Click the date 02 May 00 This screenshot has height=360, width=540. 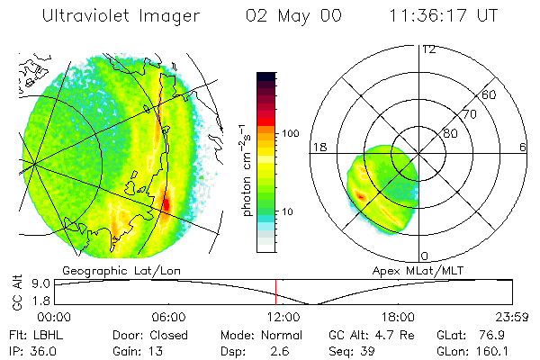[x=293, y=17]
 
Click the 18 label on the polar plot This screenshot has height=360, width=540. [x=318, y=147]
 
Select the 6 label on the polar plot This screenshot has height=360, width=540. [x=523, y=147]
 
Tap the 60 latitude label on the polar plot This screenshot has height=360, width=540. [x=490, y=94]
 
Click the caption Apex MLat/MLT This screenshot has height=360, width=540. [x=416, y=270]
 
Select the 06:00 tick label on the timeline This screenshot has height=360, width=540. [x=168, y=318]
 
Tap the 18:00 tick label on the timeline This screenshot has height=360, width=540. [x=397, y=318]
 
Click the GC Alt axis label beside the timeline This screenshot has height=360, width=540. [x=16, y=292]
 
